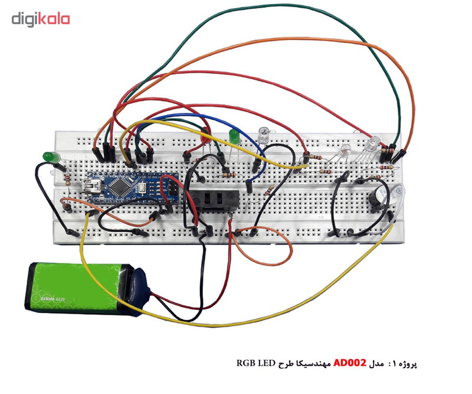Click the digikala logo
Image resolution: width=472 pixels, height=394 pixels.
(40, 19)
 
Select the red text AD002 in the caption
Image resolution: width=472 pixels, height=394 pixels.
(350, 363)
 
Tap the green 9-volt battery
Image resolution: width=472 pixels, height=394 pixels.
(77, 288)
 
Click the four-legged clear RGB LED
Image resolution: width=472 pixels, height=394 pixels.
(372, 144)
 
